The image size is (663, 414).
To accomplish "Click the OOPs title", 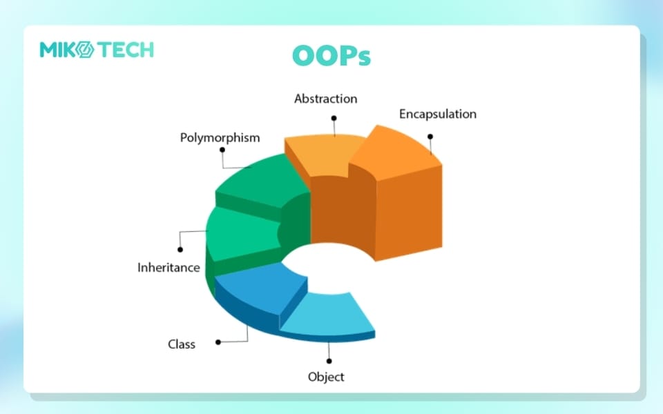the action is pos(331,56).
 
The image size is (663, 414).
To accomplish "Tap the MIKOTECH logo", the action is pos(97,50).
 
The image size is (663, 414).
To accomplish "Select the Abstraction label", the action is pos(325,99).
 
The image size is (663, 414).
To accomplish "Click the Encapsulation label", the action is pos(438,114).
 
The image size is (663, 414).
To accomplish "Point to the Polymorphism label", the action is pos(220,138).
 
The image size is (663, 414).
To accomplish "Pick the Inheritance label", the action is pos(169,268).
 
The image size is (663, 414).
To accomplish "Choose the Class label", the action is pos(182,344).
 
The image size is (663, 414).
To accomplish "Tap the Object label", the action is pos(326,377).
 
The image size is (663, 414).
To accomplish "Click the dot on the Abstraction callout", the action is pos(334,118).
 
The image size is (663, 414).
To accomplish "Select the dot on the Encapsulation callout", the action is pos(430,137).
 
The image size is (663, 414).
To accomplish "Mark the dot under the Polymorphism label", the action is pos(222,150).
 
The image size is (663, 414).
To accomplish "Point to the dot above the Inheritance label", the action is pos(180,250).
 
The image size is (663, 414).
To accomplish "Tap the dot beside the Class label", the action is pos(218,342).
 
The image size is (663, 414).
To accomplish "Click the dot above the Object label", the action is pos(329,361).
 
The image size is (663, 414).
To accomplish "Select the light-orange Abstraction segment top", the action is pos(323,154).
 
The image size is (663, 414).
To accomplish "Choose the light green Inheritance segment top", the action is pos(243,233).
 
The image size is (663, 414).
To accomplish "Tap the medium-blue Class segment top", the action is pos(260,287).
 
